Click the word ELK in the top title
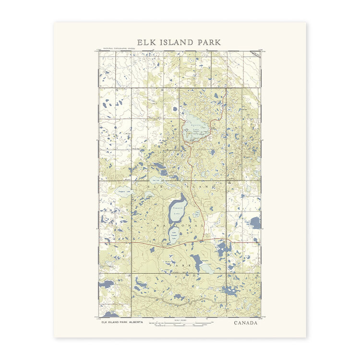pyautogui.click(x=147, y=42)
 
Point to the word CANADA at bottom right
pyautogui.click(x=246, y=323)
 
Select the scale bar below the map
pyautogui.click(x=180, y=325)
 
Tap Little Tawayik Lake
pyautogui.click(x=174, y=235)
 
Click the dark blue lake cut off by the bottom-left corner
pyautogui.click(x=110, y=314)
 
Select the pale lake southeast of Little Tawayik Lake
pyautogui.click(x=206, y=268)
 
